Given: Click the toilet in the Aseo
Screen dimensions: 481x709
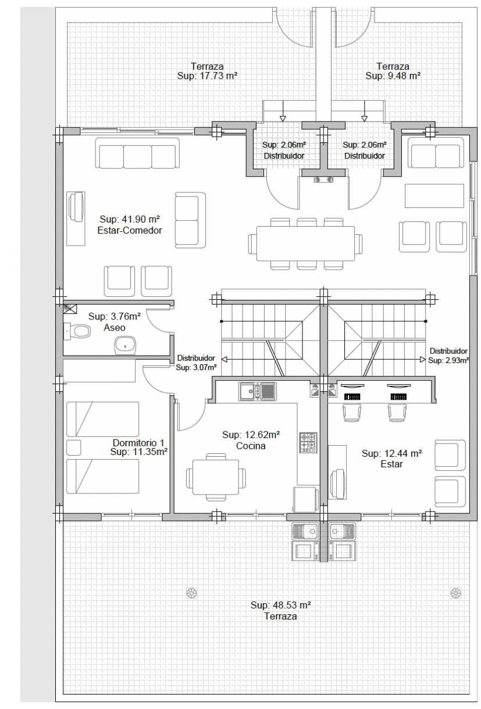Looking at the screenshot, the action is tap(77, 331).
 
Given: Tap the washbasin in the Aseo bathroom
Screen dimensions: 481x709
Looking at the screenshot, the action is tap(125, 345).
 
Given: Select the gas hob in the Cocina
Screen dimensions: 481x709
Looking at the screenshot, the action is tap(308, 442).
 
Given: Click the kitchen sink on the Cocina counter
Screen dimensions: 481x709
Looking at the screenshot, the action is tap(257, 391).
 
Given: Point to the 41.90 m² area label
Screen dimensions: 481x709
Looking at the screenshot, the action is tap(130, 219).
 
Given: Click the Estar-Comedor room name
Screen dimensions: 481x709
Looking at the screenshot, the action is tap(130, 230).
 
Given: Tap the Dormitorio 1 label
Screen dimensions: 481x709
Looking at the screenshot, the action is tap(138, 442).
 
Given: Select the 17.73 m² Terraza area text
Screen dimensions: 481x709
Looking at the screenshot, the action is tap(207, 76).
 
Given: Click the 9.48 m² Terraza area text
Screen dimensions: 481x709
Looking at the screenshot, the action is tap(393, 76).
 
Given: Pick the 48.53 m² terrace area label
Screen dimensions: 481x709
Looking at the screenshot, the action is tap(280, 605).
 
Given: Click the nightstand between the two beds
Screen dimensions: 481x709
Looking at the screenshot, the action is tap(73, 447).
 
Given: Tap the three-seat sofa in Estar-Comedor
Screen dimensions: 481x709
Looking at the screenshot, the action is tap(137, 153).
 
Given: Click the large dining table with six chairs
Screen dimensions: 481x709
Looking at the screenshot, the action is tap(305, 244).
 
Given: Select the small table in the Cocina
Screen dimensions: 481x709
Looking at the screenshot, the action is tap(216, 477).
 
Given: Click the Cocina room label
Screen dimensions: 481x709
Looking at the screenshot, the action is tap(251, 446).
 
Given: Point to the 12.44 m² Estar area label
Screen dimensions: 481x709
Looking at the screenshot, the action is tap(391, 453).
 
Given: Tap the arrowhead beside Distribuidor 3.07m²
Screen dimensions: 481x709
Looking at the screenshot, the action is tap(224, 360).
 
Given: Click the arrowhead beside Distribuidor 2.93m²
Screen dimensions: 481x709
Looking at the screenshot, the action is tap(422, 360).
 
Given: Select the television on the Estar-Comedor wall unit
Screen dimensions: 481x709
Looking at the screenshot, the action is tap(77, 207).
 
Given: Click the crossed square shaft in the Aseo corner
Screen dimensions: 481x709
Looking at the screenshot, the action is tap(70, 309).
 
